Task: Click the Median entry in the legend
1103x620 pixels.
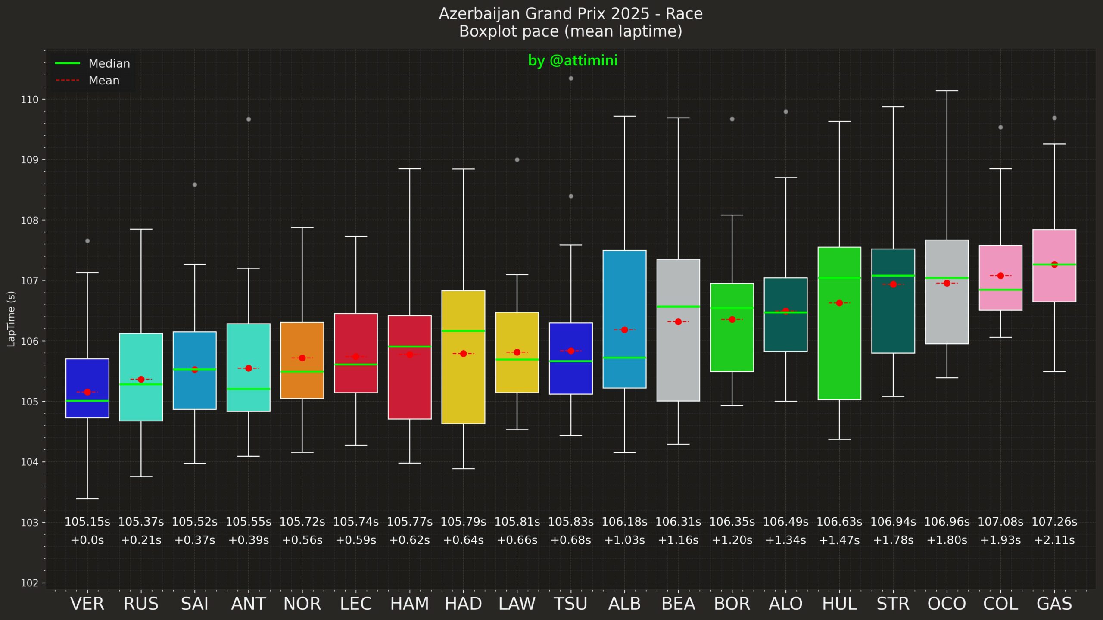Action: (x=109, y=63)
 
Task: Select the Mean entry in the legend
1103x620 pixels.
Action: (x=103, y=81)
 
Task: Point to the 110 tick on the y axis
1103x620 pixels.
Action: (x=30, y=100)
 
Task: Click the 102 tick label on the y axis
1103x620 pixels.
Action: (x=30, y=583)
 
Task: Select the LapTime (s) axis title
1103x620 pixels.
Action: (x=11, y=318)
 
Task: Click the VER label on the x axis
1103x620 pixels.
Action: (x=87, y=604)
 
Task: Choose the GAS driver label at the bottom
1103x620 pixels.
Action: (x=1054, y=604)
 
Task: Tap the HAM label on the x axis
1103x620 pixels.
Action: (x=409, y=604)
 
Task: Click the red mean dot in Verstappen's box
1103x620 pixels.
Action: (x=87, y=392)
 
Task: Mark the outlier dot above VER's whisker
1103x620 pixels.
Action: (x=87, y=241)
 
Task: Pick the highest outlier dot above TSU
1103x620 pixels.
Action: (x=571, y=78)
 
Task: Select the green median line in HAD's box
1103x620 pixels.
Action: (x=463, y=331)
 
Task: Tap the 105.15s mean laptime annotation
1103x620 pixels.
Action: (x=87, y=522)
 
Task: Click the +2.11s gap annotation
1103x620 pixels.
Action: (x=1054, y=540)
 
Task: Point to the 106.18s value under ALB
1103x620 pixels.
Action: (x=624, y=522)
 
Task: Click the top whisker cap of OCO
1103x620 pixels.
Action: (x=947, y=91)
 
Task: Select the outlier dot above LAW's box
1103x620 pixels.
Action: (x=517, y=160)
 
